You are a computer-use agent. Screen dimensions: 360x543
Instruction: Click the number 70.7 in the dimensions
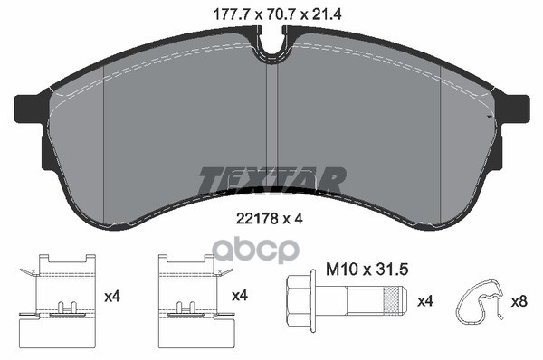click(271, 13)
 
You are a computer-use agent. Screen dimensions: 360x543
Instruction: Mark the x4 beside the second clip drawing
click(240, 296)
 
